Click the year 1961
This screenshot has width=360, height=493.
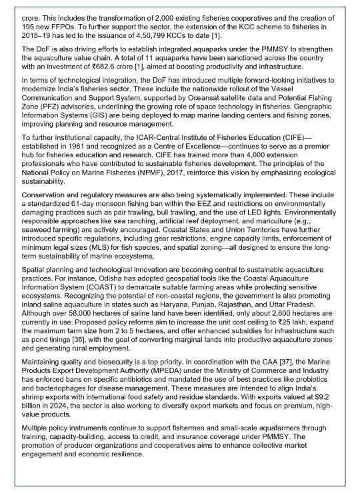tap(83, 177)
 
